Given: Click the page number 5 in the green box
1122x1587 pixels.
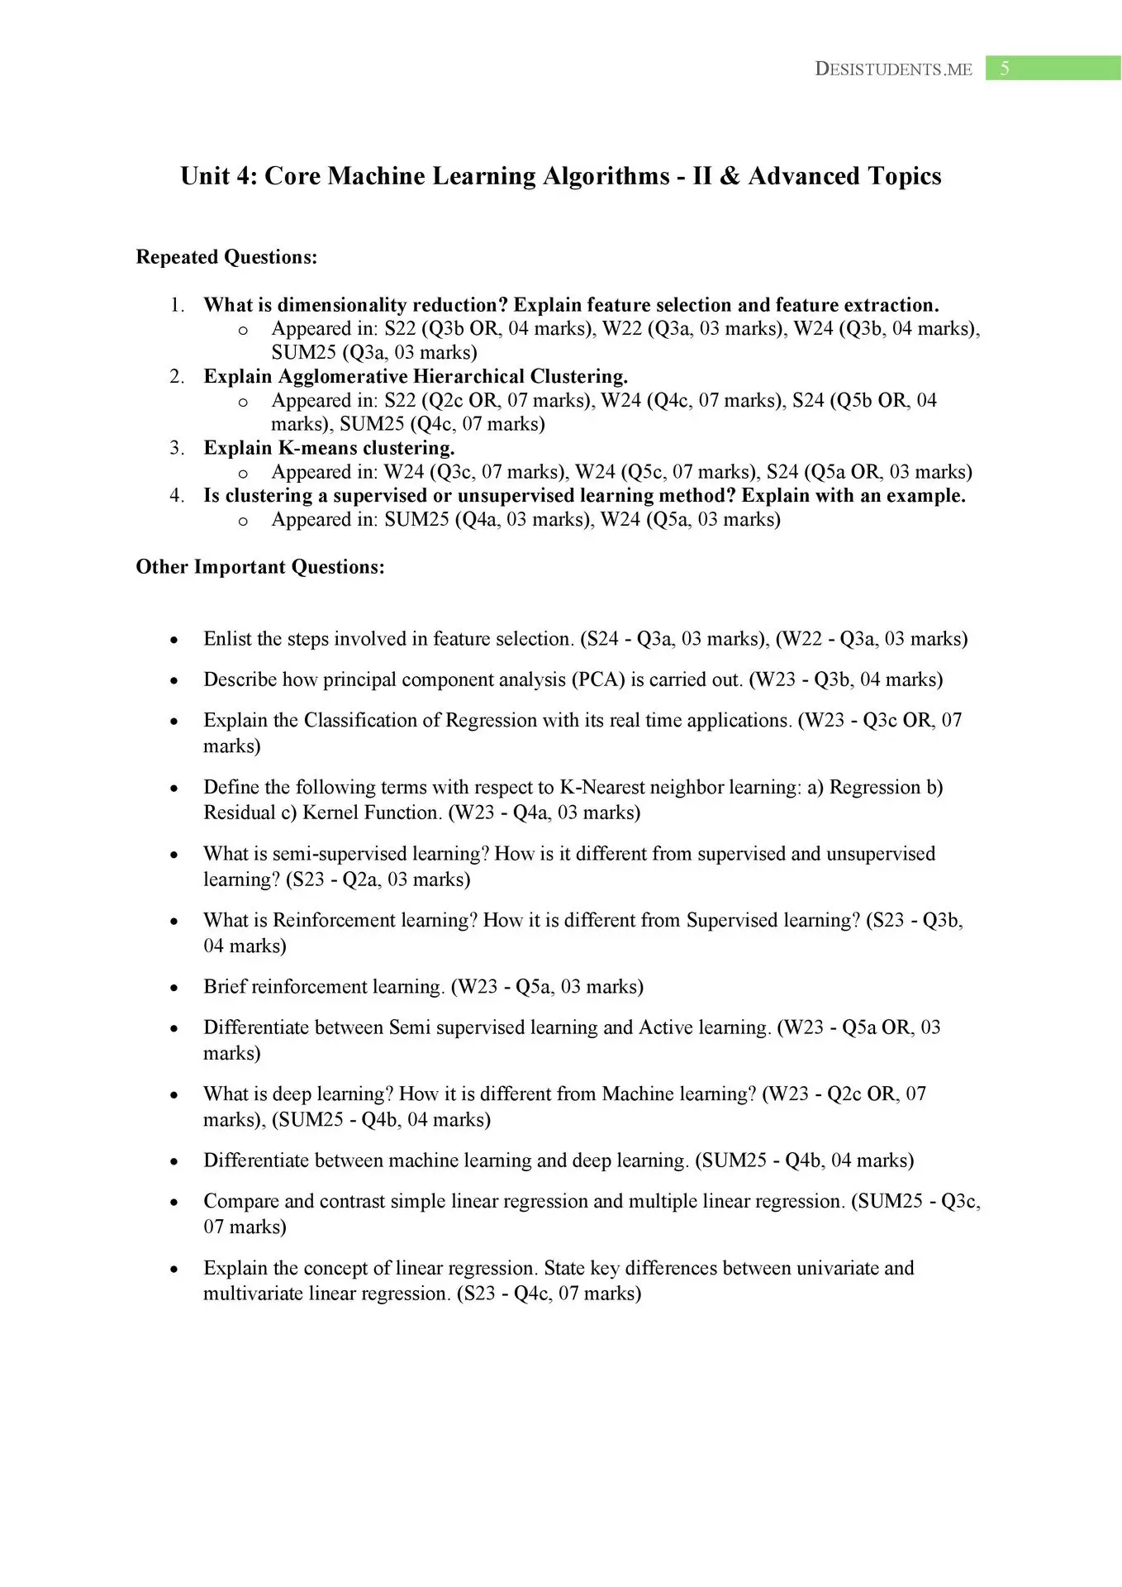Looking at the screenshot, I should click(1005, 69).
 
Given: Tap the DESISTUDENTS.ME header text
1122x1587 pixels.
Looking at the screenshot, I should click(893, 69).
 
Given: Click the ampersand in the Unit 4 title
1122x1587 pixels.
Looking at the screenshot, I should click(730, 176).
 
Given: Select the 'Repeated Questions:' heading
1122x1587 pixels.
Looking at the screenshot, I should click(226, 257).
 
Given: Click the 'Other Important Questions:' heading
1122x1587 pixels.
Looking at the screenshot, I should click(260, 567).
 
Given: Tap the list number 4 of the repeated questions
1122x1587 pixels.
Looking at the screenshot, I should click(176, 495).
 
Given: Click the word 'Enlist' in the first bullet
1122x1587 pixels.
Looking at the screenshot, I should click(227, 639).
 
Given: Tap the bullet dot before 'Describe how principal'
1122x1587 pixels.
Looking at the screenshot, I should click(174, 681).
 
